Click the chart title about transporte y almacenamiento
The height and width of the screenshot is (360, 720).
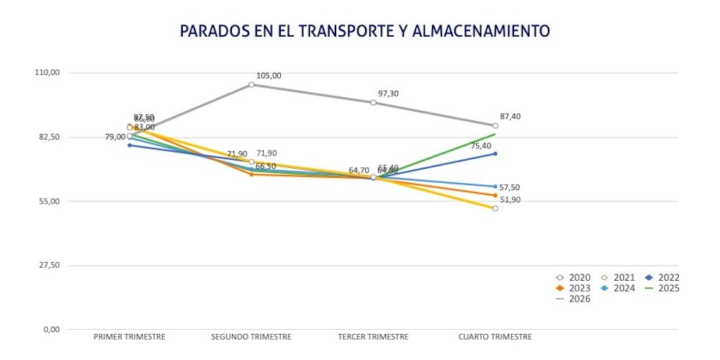pos(364,31)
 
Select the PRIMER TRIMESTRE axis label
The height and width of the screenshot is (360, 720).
pos(130,337)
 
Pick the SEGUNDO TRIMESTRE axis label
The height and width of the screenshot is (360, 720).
pos(251,337)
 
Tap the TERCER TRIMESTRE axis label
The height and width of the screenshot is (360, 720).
pos(373,337)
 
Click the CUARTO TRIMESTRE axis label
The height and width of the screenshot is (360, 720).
pos(495,337)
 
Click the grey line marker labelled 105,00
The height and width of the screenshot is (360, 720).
pos(251,84)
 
